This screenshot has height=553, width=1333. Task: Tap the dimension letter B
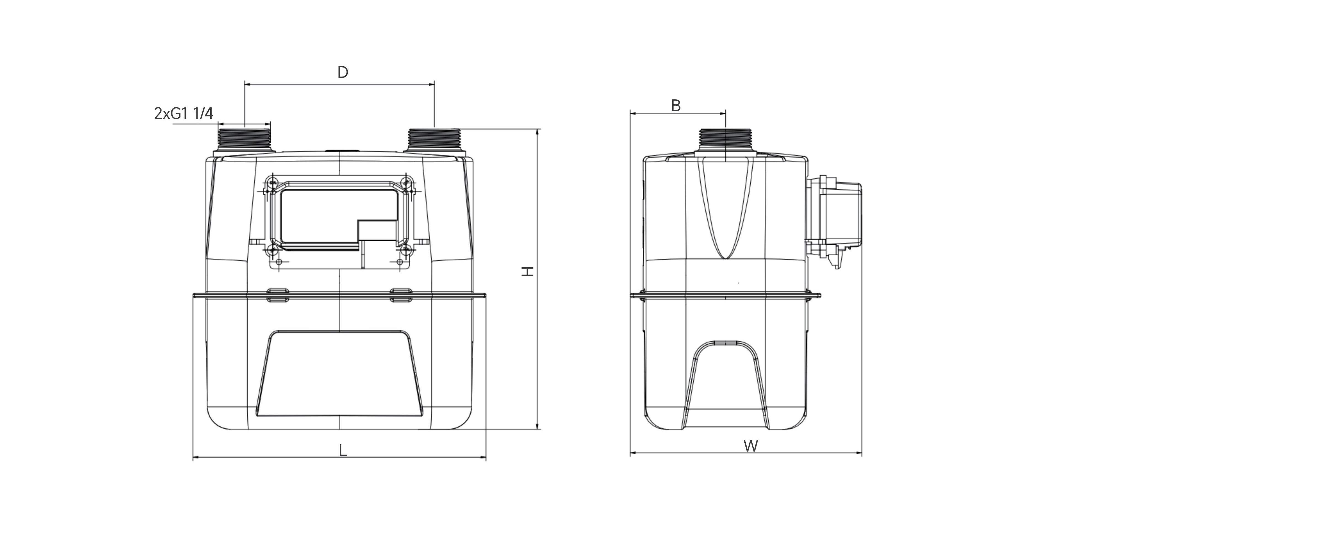click(676, 105)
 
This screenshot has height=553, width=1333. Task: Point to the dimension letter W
click(751, 446)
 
